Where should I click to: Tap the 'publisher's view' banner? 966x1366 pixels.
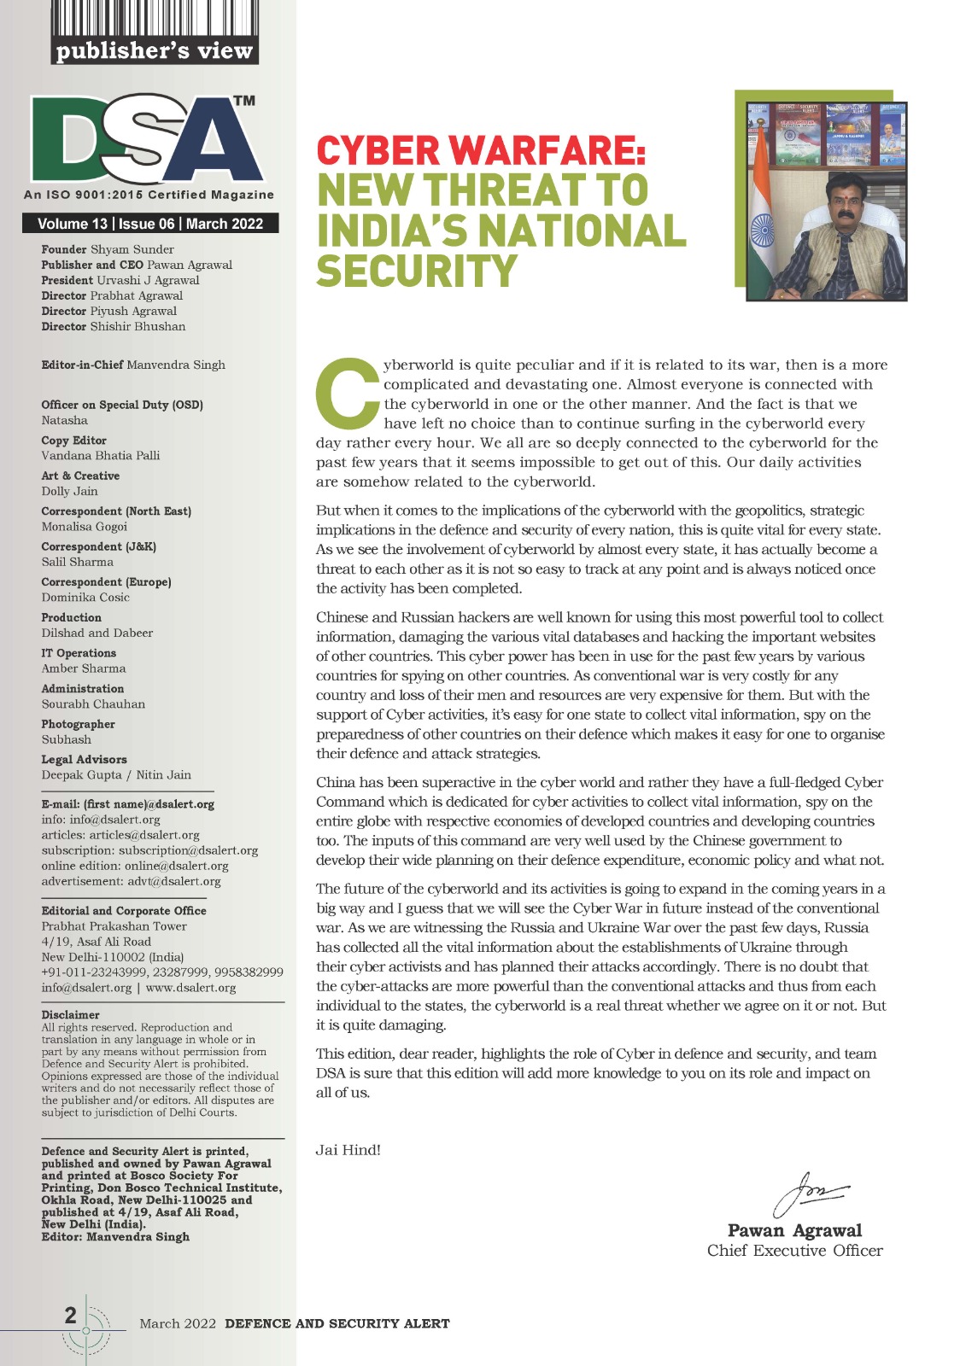(155, 50)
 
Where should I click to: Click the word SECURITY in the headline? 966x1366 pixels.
(418, 271)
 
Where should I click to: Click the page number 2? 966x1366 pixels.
(71, 1315)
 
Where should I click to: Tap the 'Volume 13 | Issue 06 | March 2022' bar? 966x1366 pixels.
(150, 224)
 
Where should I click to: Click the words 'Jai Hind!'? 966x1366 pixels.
(348, 1149)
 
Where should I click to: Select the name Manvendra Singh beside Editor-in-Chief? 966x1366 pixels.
(176, 365)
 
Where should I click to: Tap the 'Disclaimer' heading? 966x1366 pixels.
(70, 1015)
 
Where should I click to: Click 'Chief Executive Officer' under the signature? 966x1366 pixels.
(794, 1251)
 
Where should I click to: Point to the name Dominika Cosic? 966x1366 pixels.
(85, 597)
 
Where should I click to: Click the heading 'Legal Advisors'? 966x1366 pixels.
(84, 759)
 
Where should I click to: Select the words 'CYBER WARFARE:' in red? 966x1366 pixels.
(481, 151)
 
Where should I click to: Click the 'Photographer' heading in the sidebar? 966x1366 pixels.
(78, 724)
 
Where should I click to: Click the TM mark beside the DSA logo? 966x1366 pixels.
(244, 101)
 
